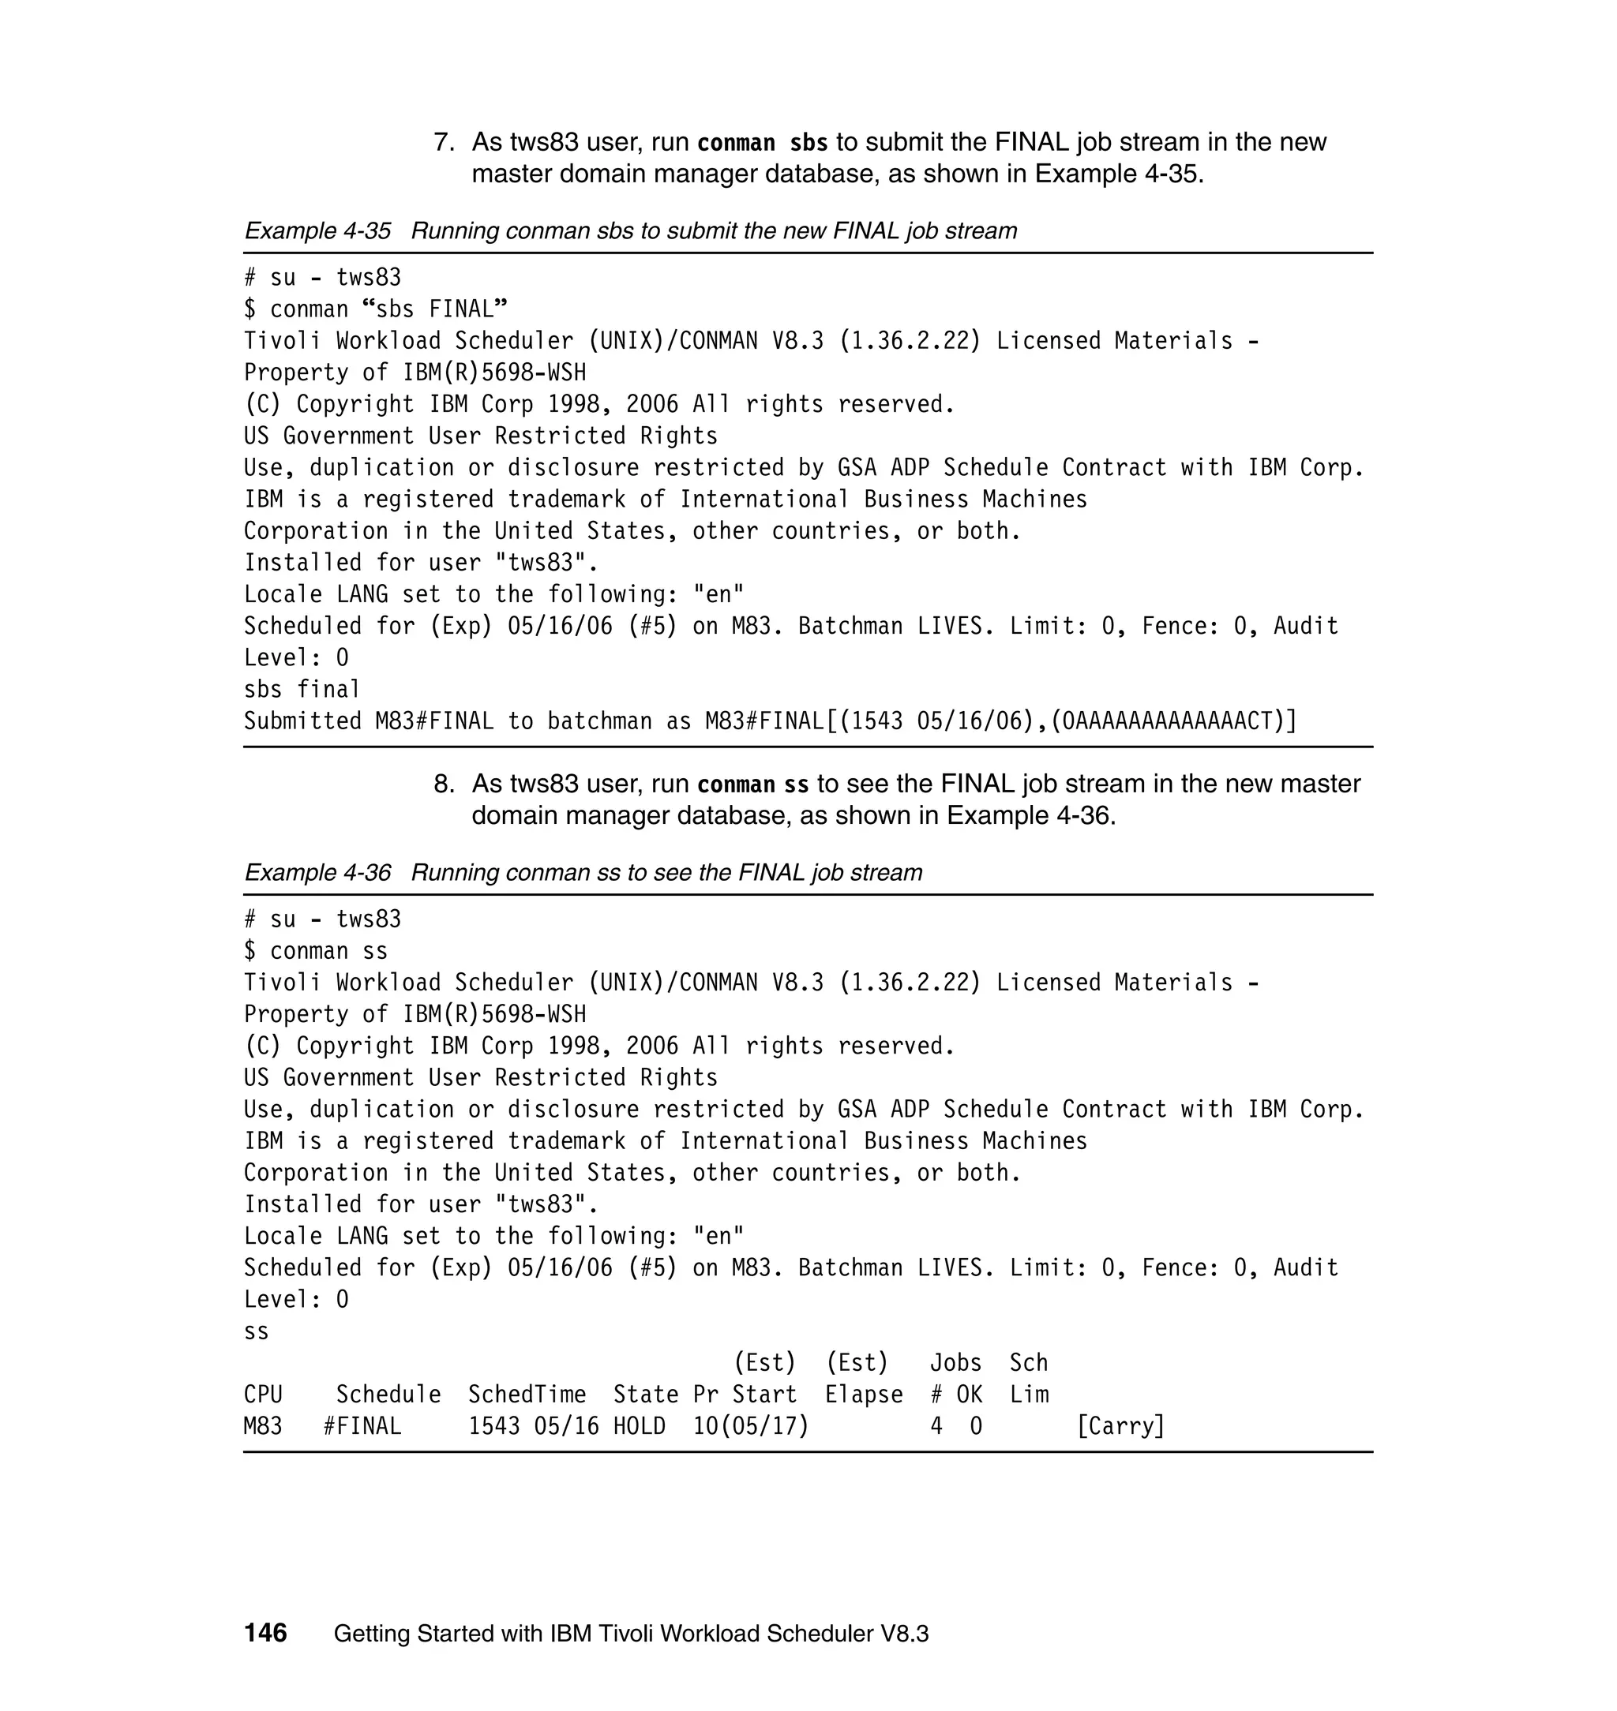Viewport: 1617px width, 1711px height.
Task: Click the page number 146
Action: [x=265, y=1633]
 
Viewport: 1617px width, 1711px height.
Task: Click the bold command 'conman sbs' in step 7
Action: [x=762, y=142]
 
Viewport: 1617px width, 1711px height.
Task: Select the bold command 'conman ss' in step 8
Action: [x=752, y=784]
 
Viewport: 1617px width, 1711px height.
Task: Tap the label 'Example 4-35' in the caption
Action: [x=317, y=231]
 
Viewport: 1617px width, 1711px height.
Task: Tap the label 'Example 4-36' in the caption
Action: [x=317, y=873]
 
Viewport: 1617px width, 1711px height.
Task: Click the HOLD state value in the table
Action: [x=639, y=1426]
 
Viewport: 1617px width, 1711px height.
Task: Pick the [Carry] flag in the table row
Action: [x=1120, y=1426]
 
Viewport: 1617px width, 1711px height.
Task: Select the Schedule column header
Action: [x=388, y=1394]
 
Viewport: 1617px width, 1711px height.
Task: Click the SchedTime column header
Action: [x=527, y=1394]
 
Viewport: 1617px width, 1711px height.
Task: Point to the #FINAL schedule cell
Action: [x=362, y=1426]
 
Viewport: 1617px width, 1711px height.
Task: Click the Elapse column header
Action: [x=864, y=1394]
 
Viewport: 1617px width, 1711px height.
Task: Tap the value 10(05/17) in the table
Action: [x=751, y=1426]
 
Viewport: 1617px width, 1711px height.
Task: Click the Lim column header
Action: [x=1029, y=1394]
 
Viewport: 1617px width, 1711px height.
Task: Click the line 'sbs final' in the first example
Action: [x=302, y=689]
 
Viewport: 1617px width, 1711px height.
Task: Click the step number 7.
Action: [x=443, y=142]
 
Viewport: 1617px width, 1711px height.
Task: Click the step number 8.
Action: [x=443, y=784]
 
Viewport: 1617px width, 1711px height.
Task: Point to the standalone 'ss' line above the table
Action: [x=256, y=1331]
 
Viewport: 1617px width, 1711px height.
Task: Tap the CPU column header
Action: [x=263, y=1394]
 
